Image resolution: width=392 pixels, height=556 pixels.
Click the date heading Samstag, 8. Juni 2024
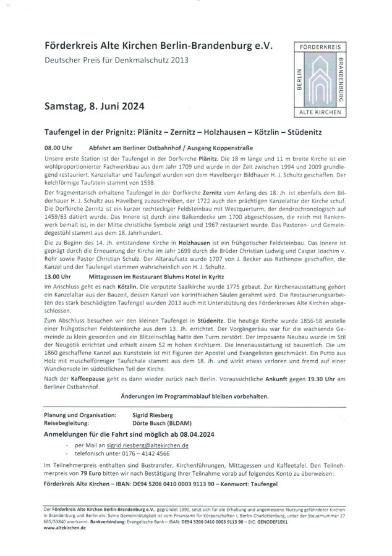click(95, 106)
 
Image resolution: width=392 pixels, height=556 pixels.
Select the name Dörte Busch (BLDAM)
click(153, 424)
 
